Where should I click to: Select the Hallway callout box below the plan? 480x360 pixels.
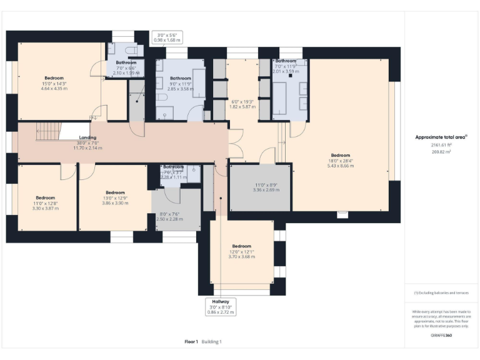coord(221,306)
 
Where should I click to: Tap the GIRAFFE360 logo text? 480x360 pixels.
coord(441,336)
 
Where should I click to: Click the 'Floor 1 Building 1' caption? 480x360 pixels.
coord(203,342)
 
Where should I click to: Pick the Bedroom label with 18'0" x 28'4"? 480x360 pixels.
coord(341,159)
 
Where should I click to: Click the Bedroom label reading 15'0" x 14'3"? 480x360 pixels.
coord(54,82)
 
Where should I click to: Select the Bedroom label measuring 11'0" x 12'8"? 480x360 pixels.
coord(46,202)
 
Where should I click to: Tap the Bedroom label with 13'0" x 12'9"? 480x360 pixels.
coord(115,197)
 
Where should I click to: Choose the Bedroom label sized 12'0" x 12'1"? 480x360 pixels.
coord(241,251)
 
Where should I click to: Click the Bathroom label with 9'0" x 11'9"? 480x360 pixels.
coord(181,82)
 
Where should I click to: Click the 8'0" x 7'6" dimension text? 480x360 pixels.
coord(169,216)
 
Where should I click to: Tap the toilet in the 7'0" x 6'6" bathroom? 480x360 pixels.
coord(131,50)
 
